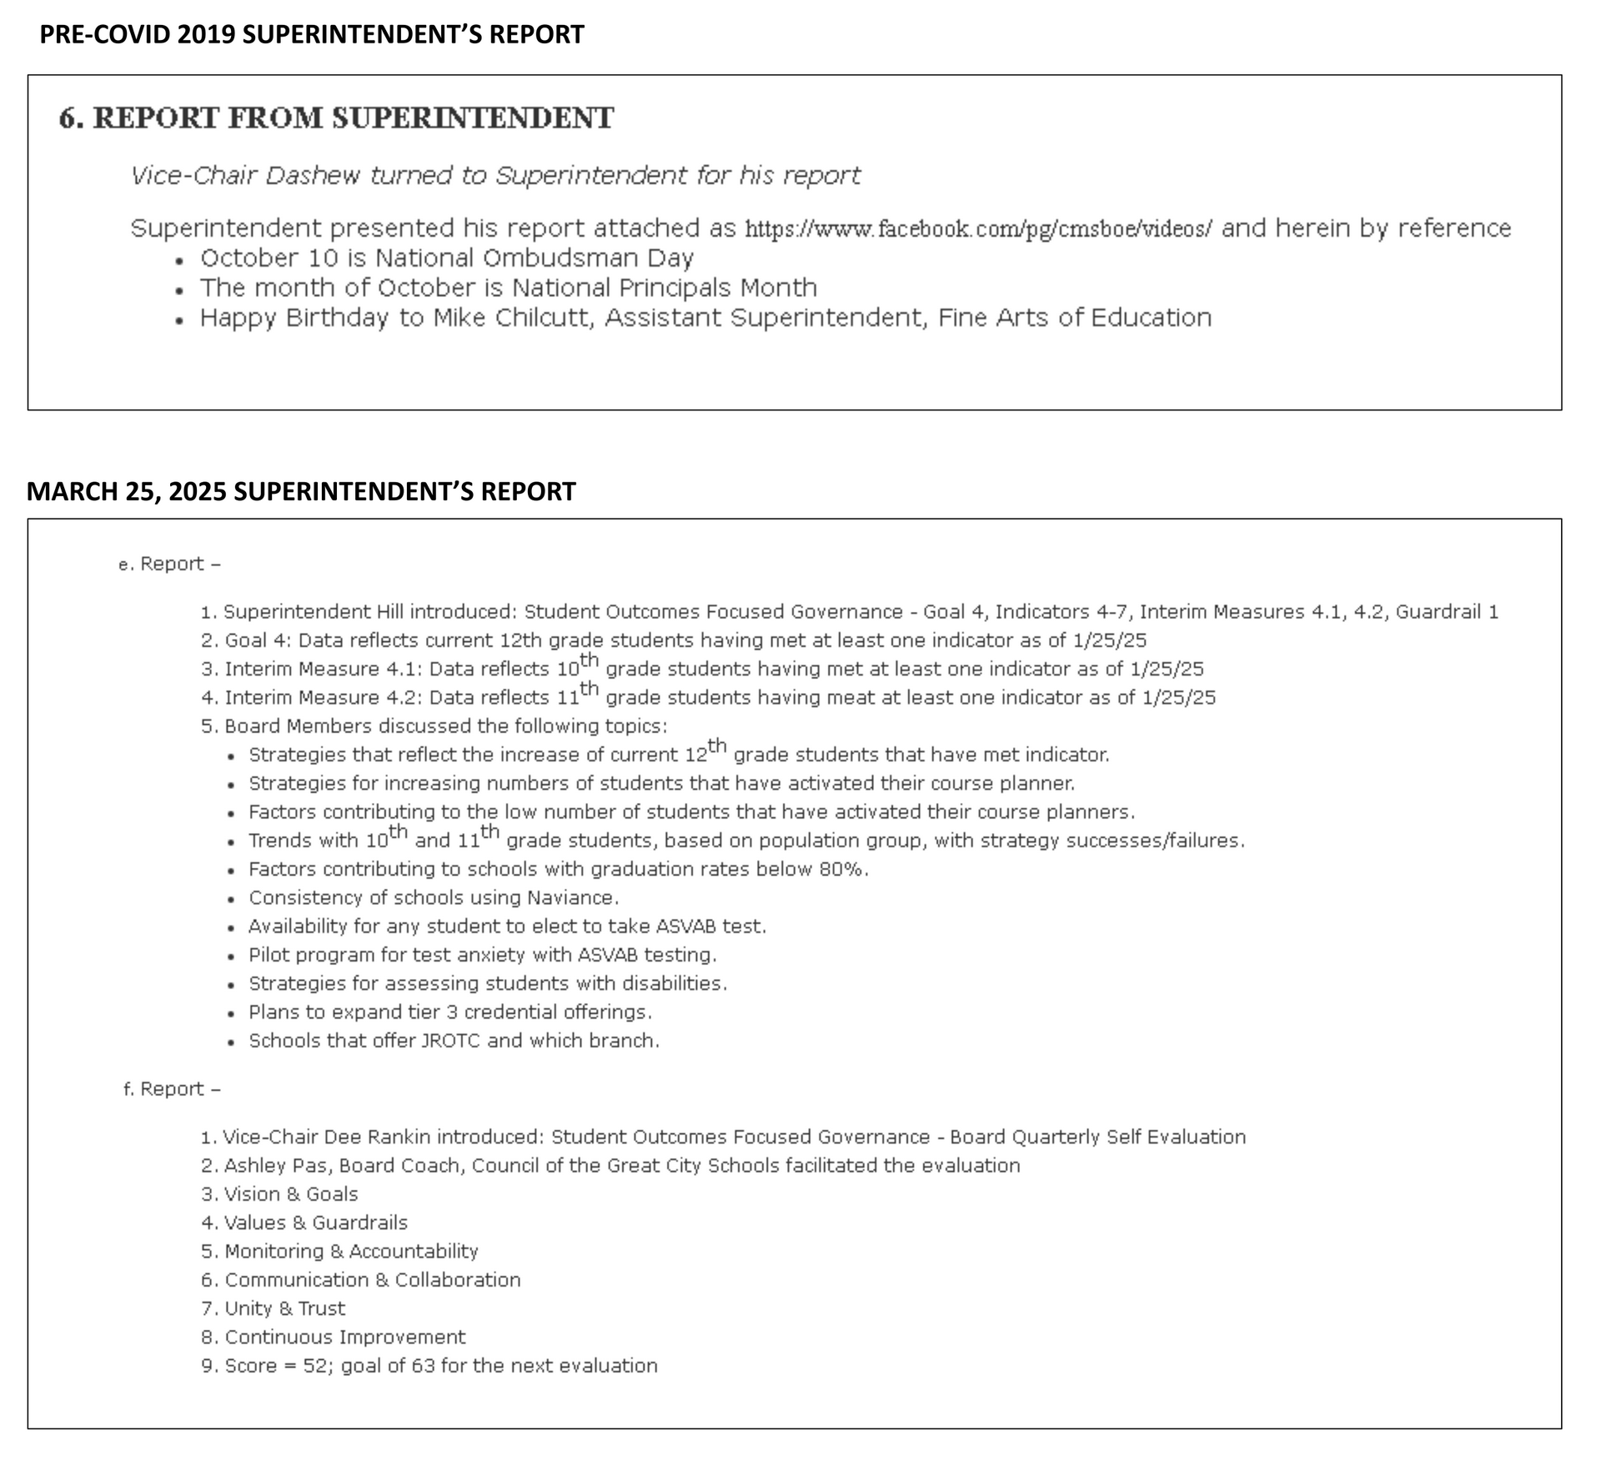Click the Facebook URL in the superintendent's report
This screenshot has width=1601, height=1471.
978,228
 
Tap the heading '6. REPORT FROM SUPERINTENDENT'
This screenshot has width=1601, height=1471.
336,118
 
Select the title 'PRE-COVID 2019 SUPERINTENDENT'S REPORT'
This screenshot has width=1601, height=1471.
312,34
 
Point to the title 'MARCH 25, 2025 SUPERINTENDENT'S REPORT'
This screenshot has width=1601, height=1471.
301,491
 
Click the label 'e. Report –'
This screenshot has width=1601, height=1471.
170,565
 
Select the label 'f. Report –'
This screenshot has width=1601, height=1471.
172,1089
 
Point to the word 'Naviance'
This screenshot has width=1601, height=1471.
572,898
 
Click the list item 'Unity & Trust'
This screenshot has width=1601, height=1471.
284,1308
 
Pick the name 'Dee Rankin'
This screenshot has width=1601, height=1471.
378,1137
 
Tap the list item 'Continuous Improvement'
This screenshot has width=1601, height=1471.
345,1338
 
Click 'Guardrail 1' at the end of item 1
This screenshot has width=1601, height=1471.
1447,612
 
